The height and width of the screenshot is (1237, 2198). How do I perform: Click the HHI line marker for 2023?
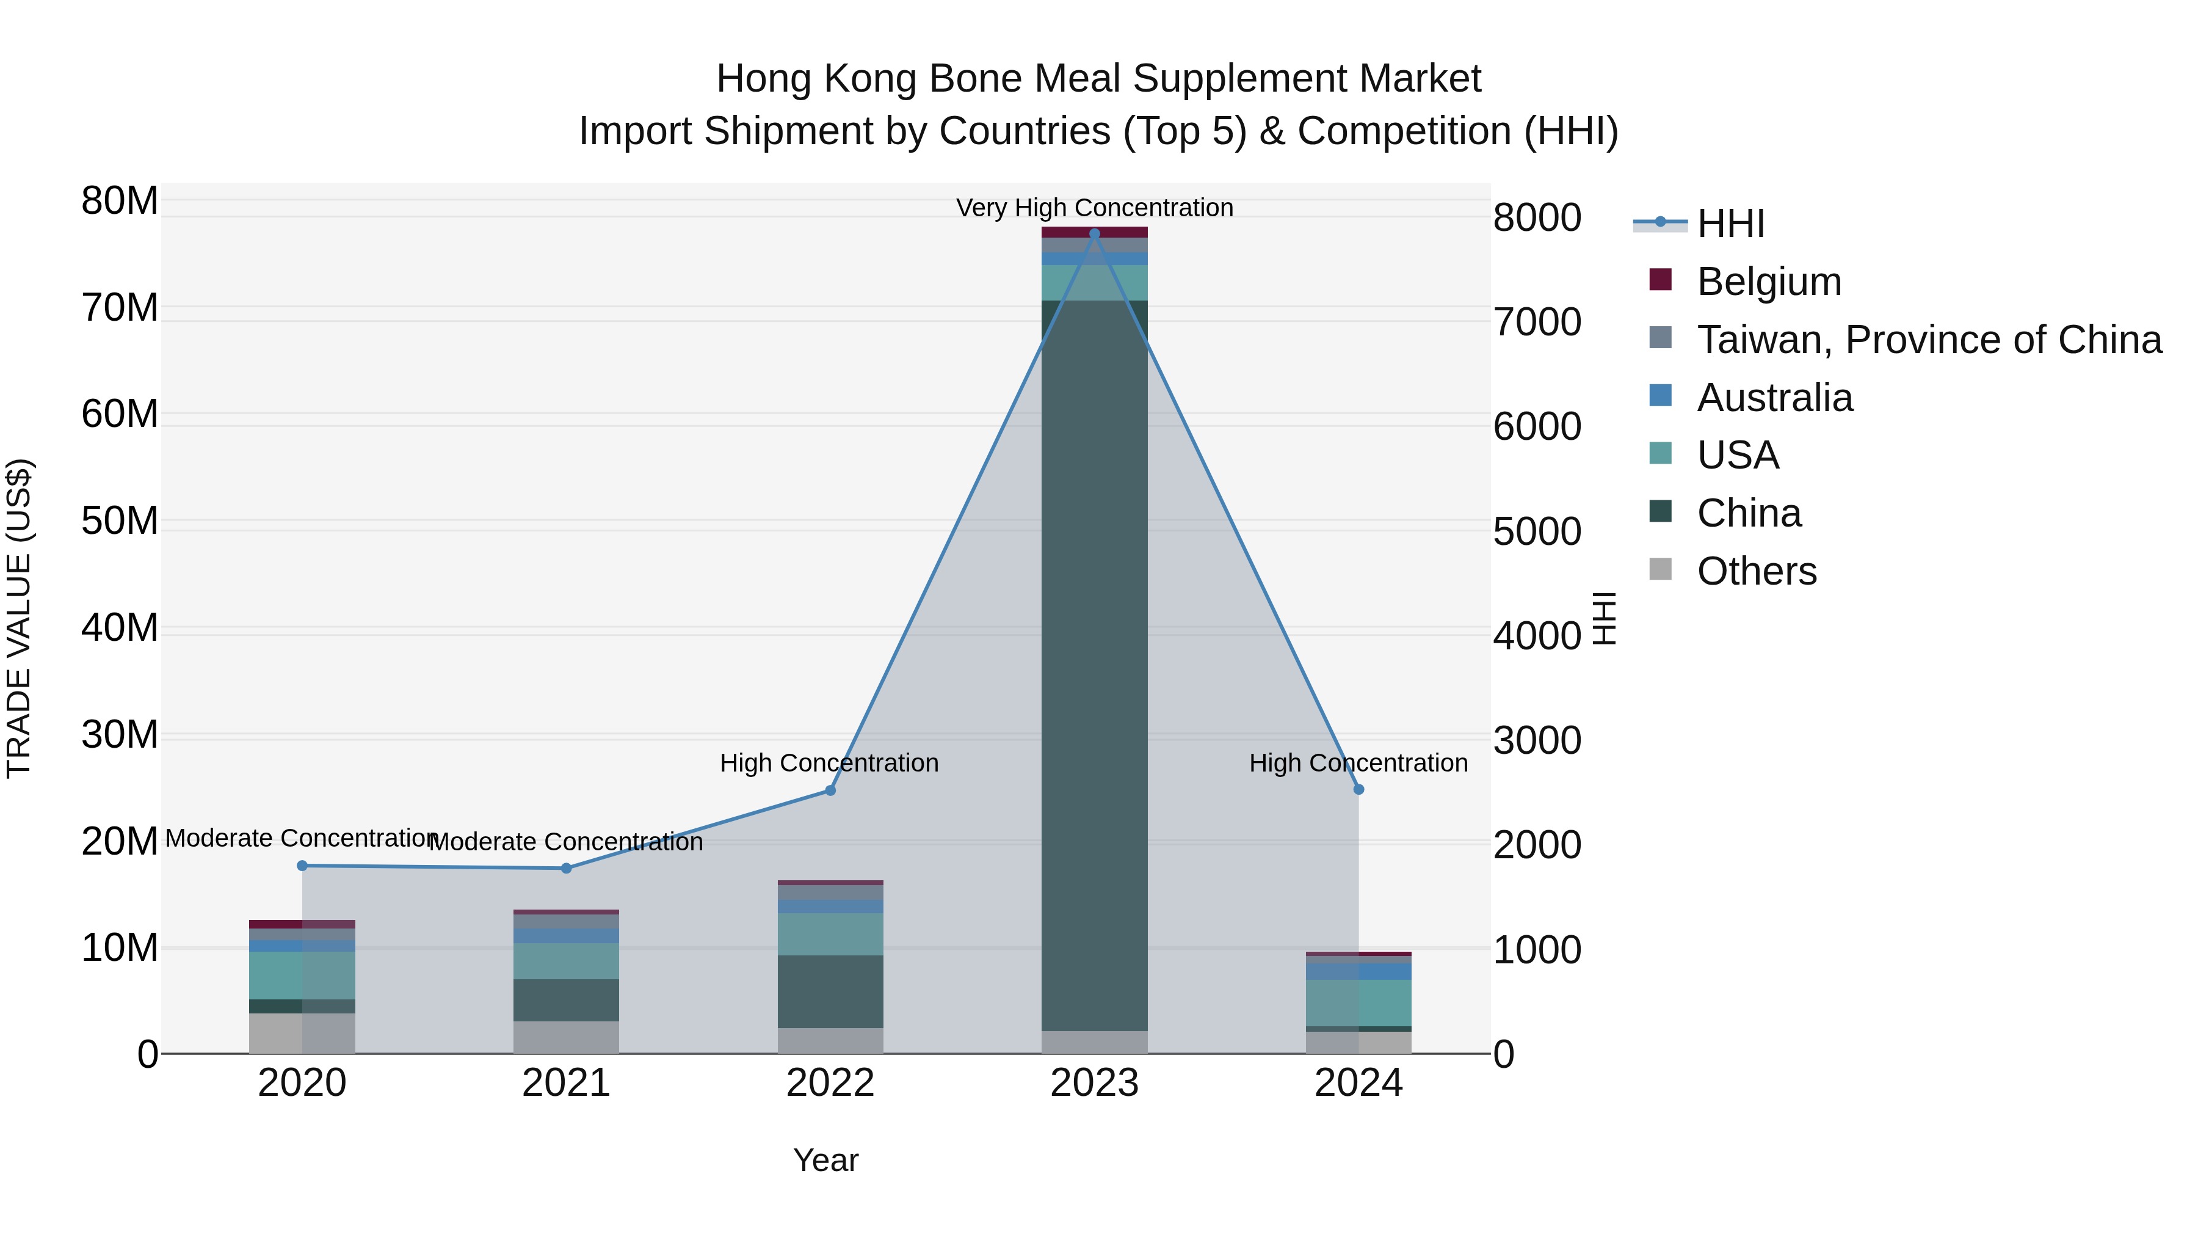(1095, 233)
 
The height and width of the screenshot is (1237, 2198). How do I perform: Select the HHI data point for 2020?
(302, 866)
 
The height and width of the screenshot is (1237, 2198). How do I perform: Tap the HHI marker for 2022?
(830, 790)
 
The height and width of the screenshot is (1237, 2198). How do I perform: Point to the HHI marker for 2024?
(1358, 790)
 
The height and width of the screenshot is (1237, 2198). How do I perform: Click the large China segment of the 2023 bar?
(1095, 666)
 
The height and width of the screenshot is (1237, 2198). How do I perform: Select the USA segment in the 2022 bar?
(830, 934)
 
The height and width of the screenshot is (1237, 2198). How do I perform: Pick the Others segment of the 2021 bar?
(566, 1037)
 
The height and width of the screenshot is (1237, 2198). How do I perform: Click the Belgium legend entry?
(1768, 282)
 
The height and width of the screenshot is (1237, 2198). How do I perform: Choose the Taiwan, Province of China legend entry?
(1928, 340)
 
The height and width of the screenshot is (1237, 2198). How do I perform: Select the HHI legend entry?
(1730, 224)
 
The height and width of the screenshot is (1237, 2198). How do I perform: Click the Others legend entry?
(1756, 571)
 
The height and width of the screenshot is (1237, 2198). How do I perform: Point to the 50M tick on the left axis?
(120, 520)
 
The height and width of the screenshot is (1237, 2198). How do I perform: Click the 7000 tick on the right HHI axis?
(1537, 322)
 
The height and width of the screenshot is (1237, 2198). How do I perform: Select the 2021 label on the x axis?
(566, 1083)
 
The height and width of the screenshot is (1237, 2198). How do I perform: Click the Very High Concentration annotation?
(1095, 208)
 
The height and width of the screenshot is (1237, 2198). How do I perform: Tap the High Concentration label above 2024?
(1358, 762)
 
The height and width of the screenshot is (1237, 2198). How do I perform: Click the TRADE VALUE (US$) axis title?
(19, 618)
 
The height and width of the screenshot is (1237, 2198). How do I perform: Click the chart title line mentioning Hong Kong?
(1098, 79)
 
